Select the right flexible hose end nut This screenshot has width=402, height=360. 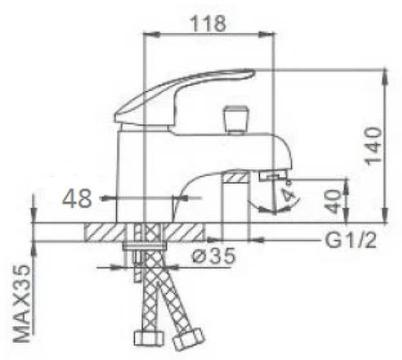tap(189, 341)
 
